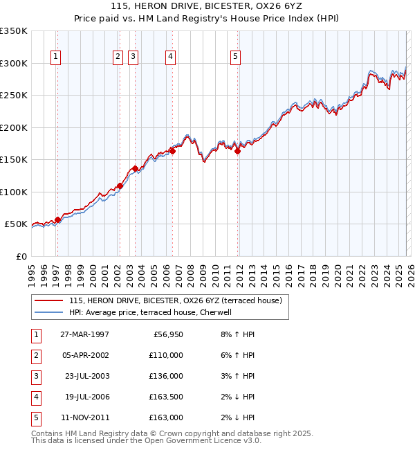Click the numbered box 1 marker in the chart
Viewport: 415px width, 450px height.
pos(55,57)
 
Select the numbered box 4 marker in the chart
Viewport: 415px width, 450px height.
pos(170,57)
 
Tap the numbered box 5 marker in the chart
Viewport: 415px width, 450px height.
pos(236,57)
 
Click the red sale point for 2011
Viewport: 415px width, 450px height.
pos(237,151)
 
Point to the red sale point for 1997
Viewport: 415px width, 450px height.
pos(57,219)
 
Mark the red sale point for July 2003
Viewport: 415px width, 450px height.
pos(134,168)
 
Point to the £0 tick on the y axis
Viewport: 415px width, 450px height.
pos(22,256)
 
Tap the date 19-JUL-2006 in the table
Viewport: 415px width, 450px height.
pos(86,397)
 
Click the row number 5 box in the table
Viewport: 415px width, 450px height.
pos(34,417)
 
